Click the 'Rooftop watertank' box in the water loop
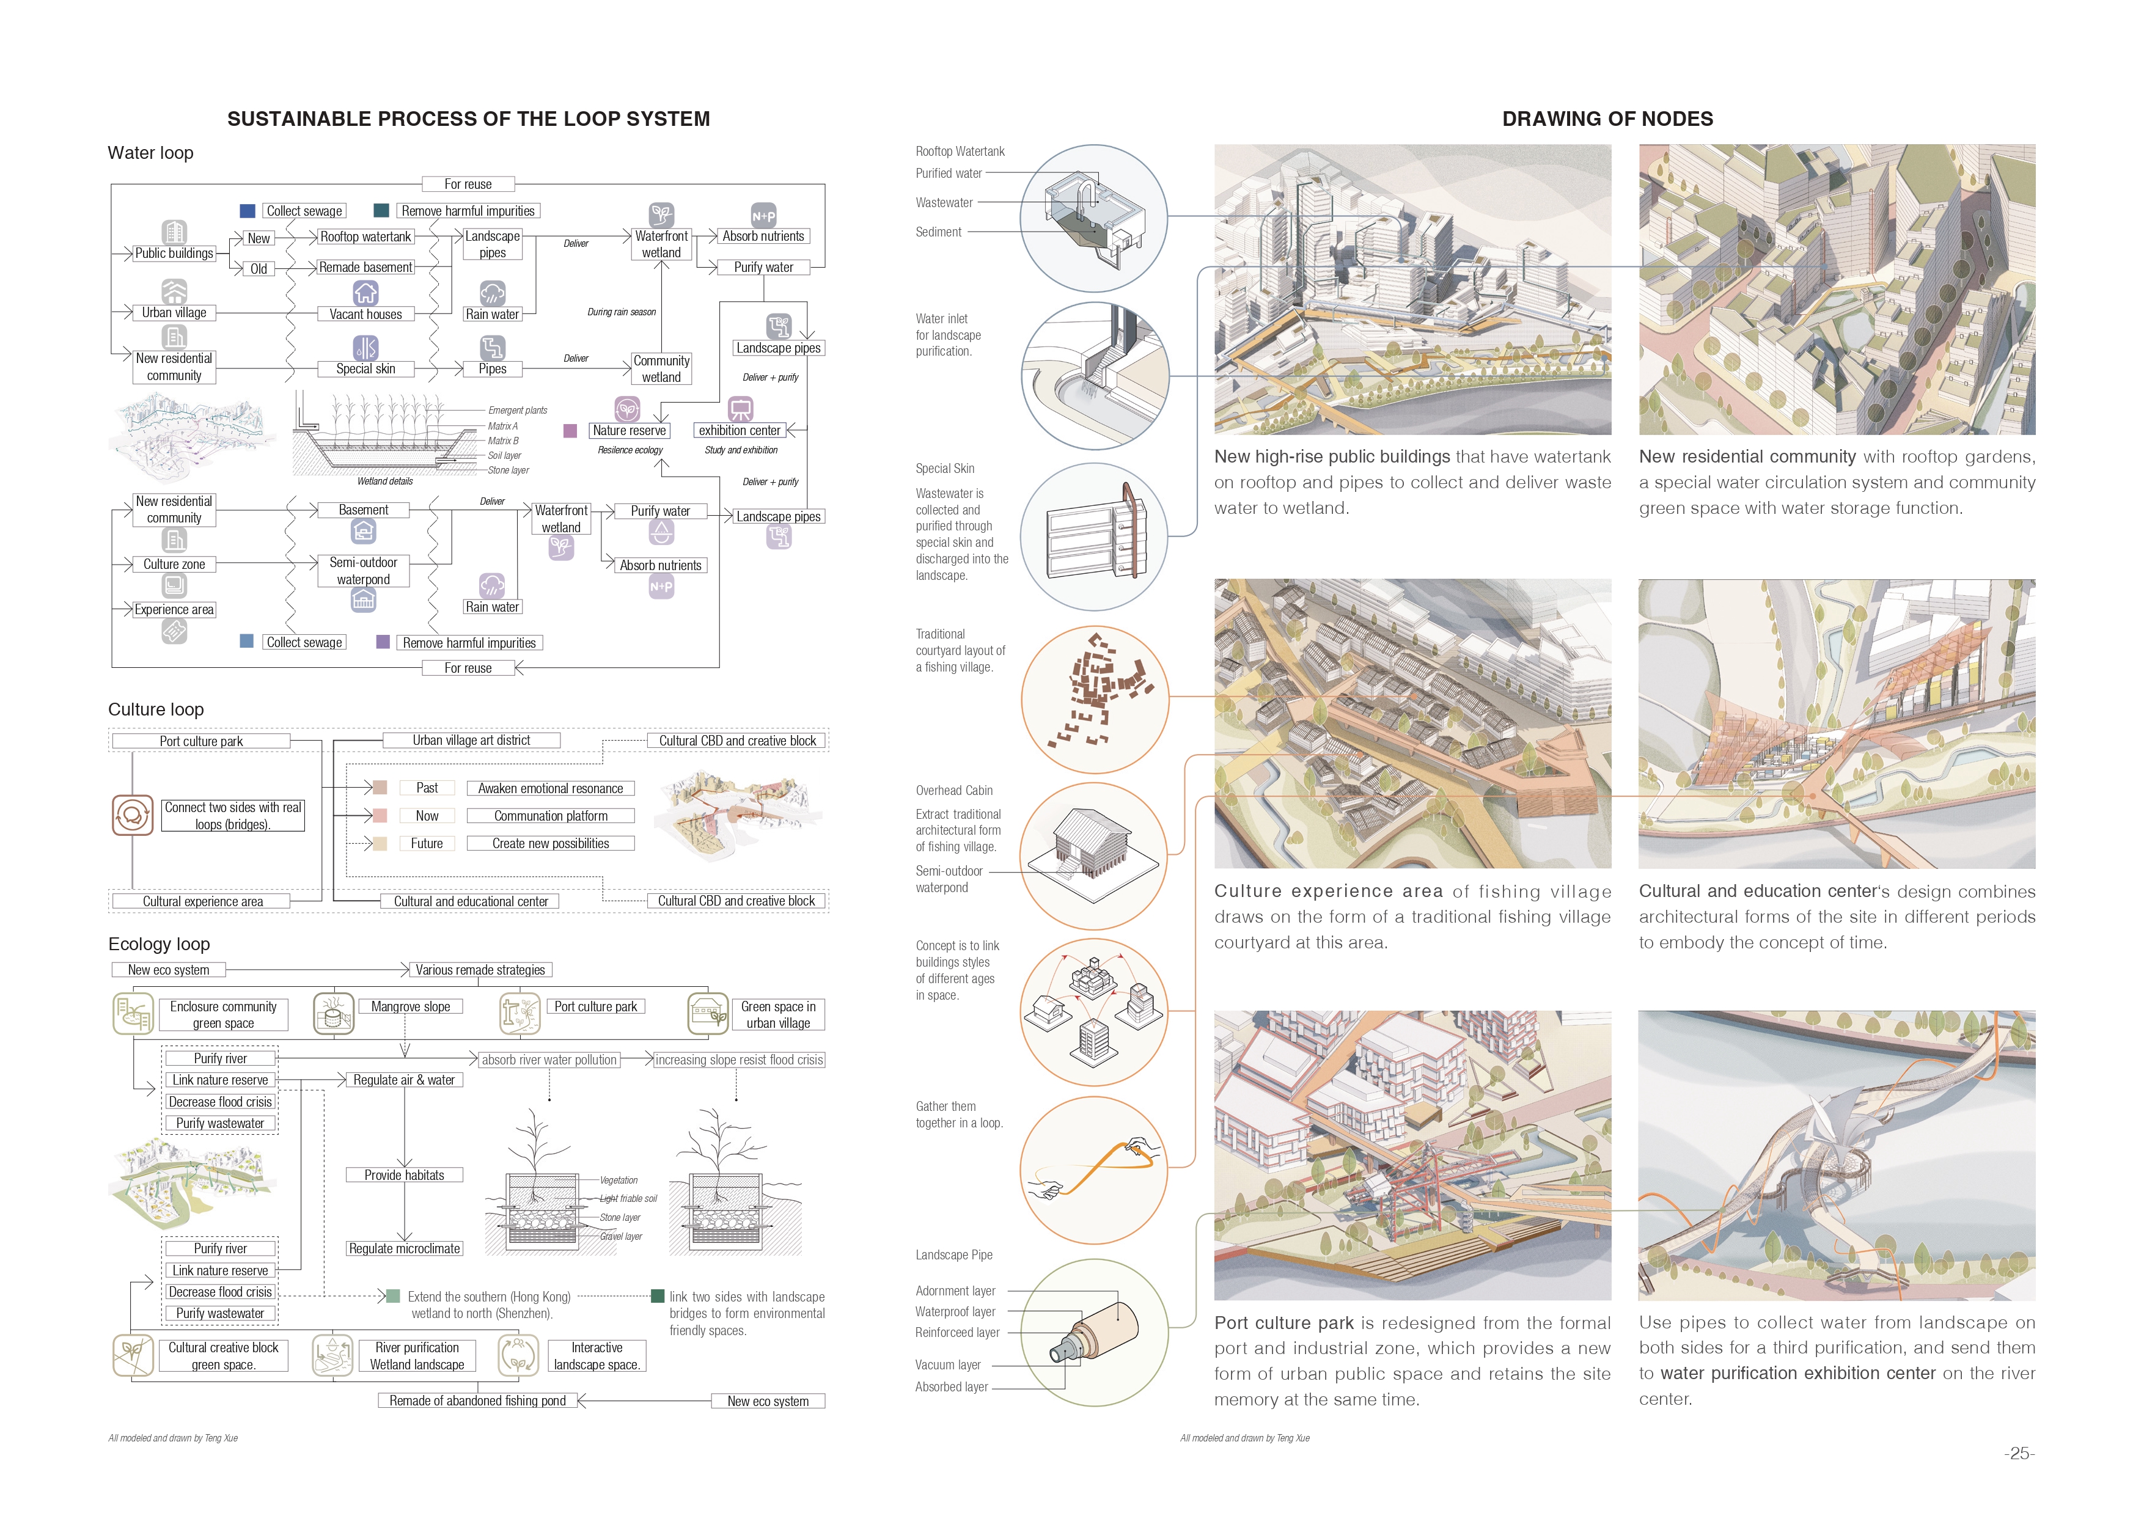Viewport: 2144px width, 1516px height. coord(365,237)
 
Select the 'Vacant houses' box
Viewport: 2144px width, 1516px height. coord(365,315)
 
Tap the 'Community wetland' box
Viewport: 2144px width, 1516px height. coord(661,368)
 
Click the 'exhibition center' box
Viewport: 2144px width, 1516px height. coord(740,430)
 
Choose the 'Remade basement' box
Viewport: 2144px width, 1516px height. coord(365,268)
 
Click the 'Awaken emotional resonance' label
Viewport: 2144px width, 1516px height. coord(550,789)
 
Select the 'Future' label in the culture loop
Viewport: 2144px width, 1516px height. coord(427,844)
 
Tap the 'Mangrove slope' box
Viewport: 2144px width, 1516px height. coord(410,1007)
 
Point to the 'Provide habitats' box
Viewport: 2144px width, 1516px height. coord(405,1175)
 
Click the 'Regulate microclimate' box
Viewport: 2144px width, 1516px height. coord(405,1249)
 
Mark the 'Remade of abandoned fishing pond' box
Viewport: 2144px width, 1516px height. coord(477,1401)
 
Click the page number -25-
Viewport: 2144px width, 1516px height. coord(2019,1454)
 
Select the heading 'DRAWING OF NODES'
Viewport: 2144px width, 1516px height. coord(1607,119)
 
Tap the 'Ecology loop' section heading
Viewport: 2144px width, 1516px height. coord(159,944)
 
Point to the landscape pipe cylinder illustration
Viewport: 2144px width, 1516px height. coord(1095,1333)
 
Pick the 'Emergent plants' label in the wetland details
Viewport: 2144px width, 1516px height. coord(517,411)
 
